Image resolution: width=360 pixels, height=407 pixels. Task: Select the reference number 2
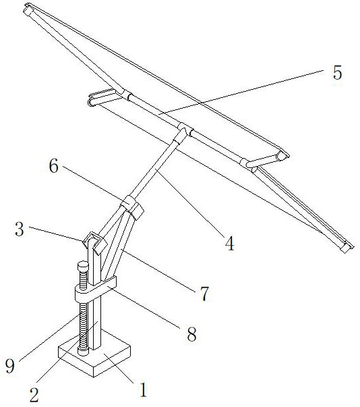coord(34,395)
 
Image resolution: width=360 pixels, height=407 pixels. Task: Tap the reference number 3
coord(20,229)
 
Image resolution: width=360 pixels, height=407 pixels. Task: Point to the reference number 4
coord(230,244)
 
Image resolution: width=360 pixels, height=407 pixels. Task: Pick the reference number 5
coord(338,72)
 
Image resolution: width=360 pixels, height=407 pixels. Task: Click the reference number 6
coord(54,166)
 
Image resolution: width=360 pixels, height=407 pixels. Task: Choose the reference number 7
coord(204,294)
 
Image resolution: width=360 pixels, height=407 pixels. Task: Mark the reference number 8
coord(191,334)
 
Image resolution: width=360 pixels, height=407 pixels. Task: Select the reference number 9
coord(10,367)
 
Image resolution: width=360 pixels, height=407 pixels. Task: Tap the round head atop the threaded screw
coord(83,267)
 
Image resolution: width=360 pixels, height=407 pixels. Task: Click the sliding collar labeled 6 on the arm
coord(132,207)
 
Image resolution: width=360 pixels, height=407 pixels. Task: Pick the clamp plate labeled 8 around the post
coord(95,290)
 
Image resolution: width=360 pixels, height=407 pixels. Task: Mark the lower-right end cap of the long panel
coord(347,248)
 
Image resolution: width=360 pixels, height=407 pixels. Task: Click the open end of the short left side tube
coord(90,103)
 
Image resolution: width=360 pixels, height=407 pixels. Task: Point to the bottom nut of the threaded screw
coord(83,352)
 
